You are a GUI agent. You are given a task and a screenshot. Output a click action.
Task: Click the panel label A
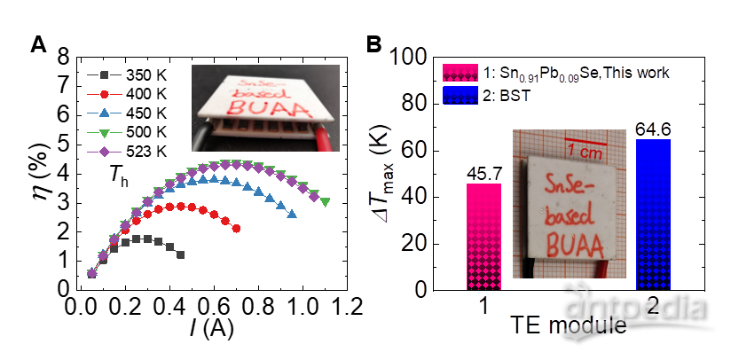[38, 43]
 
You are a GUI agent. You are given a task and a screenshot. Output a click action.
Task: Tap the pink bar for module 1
[484, 237]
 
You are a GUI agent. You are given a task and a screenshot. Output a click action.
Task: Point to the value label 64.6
[652, 131]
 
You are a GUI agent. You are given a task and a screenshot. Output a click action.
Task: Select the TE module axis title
[568, 328]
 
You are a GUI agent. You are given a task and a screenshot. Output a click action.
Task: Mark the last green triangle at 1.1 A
[325, 202]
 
